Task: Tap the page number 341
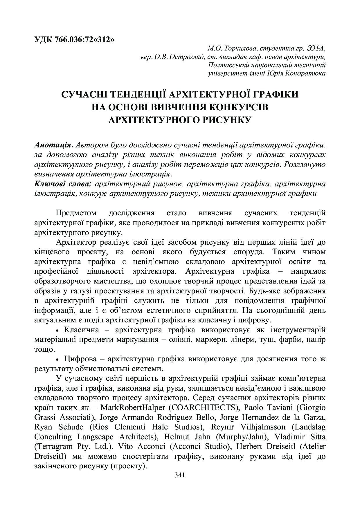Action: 180,475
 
